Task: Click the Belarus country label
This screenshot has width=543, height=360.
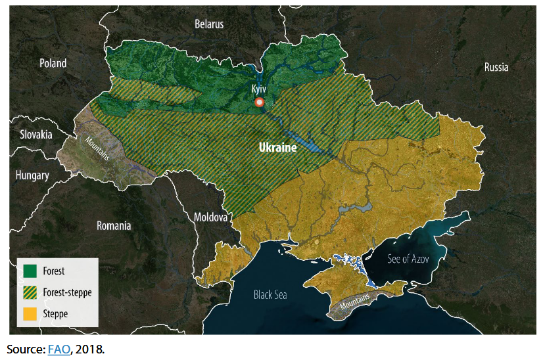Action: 209,24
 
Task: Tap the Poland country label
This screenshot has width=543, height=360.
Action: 53,64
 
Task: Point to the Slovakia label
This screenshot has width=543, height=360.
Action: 35,135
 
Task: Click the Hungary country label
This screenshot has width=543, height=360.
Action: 33,175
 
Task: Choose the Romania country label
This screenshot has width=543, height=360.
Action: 114,226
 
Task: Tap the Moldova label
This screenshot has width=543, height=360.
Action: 210,217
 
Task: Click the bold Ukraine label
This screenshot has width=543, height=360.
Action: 277,148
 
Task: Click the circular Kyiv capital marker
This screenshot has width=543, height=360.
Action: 260,102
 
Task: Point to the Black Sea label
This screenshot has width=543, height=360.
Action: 271,295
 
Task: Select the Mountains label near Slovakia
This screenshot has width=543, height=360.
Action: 96,148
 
